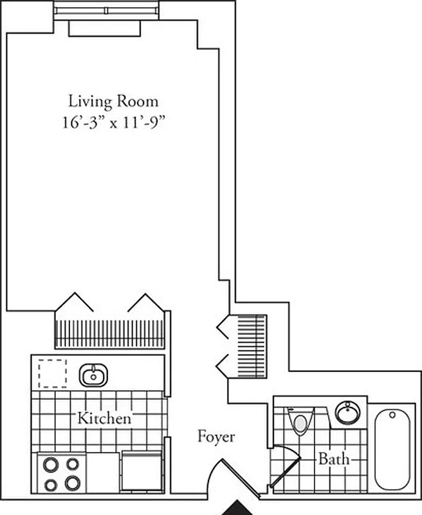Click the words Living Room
tap(113, 101)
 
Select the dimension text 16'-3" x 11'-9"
tap(114, 123)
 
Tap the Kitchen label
tap(104, 418)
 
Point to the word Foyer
tap(216, 437)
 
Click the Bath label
tap(334, 460)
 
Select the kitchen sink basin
tap(94, 374)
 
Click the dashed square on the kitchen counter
tap(52, 373)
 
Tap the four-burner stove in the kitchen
tap(62, 473)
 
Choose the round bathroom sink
tap(347, 412)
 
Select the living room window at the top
tap(106, 10)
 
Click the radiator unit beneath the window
tap(104, 28)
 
